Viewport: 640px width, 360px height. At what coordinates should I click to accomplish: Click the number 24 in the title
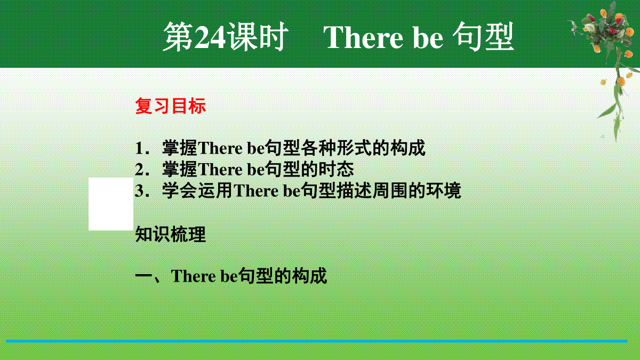click(x=210, y=37)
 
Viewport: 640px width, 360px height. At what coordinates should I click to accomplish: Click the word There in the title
click(x=363, y=37)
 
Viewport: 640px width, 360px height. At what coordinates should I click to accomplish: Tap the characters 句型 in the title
click(x=483, y=37)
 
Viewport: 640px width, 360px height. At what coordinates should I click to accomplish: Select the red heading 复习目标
click(x=170, y=106)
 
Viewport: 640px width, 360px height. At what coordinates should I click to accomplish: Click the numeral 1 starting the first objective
click(x=139, y=148)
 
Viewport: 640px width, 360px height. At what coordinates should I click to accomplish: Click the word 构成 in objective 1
click(x=408, y=148)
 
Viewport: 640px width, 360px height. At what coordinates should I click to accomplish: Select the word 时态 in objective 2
click(x=337, y=169)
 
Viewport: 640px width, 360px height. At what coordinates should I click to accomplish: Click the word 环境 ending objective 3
click(x=444, y=190)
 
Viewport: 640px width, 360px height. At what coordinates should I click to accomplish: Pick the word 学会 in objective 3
click(x=179, y=190)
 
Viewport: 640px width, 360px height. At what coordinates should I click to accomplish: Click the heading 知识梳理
click(x=170, y=234)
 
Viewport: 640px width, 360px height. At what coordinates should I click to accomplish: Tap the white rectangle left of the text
click(x=111, y=204)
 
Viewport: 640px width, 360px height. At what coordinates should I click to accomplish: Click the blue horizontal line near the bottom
click(x=317, y=341)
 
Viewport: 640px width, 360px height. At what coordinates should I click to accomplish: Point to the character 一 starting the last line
click(x=143, y=276)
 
